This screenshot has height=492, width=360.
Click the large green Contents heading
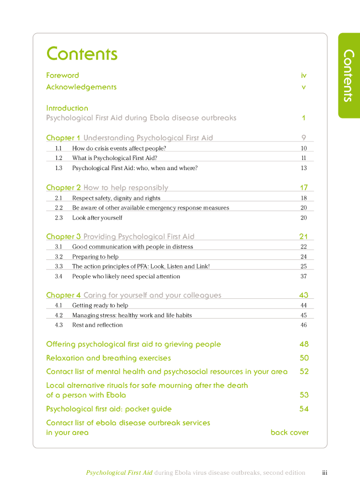coord(82,53)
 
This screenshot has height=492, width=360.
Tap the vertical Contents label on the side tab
coord(349,75)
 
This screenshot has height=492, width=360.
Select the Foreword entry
coord(62,75)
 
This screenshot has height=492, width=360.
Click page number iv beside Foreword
coord(303,75)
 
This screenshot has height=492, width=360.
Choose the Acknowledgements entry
coord(81,87)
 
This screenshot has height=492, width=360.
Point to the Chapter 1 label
coord(63,138)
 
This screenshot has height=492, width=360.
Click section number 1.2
coord(59,158)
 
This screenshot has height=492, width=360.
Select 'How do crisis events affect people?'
coord(119,148)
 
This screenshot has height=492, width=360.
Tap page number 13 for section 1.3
coord(304,168)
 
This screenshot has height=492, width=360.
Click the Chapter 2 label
coord(63,188)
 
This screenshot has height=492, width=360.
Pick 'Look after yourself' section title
coord(97,218)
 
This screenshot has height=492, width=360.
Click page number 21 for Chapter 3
coord(303,236)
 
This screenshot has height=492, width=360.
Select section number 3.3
coord(59,266)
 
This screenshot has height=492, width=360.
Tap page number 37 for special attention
coord(304,276)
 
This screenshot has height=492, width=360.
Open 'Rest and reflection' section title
coord(97,325)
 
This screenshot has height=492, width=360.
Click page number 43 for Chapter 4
coord(303,295)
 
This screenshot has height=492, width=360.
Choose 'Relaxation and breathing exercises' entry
coord(108,358)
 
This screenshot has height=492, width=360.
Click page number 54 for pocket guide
coord(304,409)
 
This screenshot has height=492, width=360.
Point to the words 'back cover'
coord(289,432)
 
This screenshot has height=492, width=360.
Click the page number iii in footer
coord(324,473)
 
